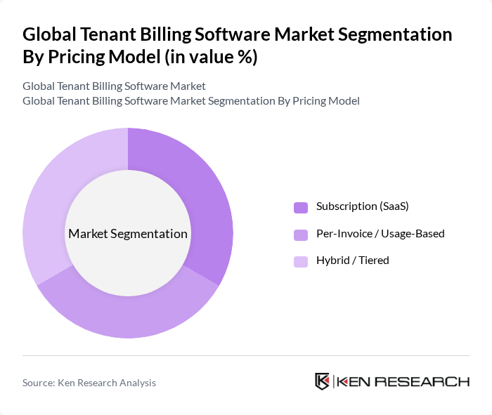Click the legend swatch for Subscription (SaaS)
(x=301, y=207)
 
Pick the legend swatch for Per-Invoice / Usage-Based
(x=301, y=234)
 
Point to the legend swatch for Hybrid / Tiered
(x=301, y=261)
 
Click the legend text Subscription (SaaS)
(x=362, y=206)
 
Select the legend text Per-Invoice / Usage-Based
(x=380, y=233)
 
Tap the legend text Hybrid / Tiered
(x=352, y=260)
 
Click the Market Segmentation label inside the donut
(x=128, y=234)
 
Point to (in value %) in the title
(x=211, y=58)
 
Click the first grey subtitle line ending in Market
(x=114, y=86)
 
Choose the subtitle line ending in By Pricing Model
(x=190, y=100)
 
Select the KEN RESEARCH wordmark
(x=403, y=382)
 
